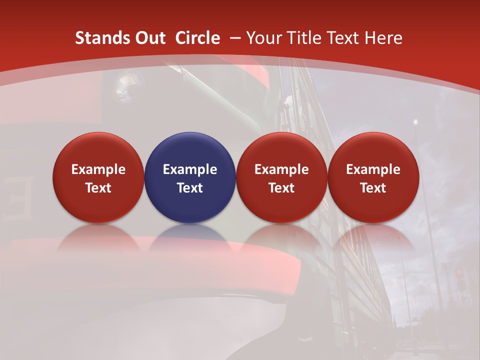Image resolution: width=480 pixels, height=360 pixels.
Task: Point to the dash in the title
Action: pyautogui.click(x=234, y=38)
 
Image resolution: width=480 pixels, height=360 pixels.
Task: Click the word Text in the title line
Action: pyautogui.click(x=342, y=38)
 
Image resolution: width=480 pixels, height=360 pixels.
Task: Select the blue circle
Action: pyautogui.click(x=190, y=177)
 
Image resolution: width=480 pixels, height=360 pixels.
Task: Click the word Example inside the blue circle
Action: pyautogui.click(x=190, y=169)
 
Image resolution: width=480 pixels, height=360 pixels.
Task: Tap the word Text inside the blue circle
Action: pyautogui.click(x=190, y=188)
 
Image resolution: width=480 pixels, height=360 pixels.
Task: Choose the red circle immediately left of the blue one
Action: pyautogui.click(x=98, y=177)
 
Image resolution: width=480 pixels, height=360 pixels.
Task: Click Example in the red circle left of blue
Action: pyautogui.click(x=98, y=169)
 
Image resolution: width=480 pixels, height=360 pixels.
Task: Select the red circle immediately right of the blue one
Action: pyautogui.click(x=281, y=177)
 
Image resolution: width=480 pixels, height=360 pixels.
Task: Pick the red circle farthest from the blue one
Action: pyautogui.click(x=373, y=177)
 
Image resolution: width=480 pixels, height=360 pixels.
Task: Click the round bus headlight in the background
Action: pyautogui.click(x=125, y=85)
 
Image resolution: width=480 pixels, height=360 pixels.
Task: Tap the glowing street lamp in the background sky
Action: pyautogui.click(x=415, y=121)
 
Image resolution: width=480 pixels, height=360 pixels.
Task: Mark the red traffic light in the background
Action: pyautogui.click(x=458, y=272)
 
